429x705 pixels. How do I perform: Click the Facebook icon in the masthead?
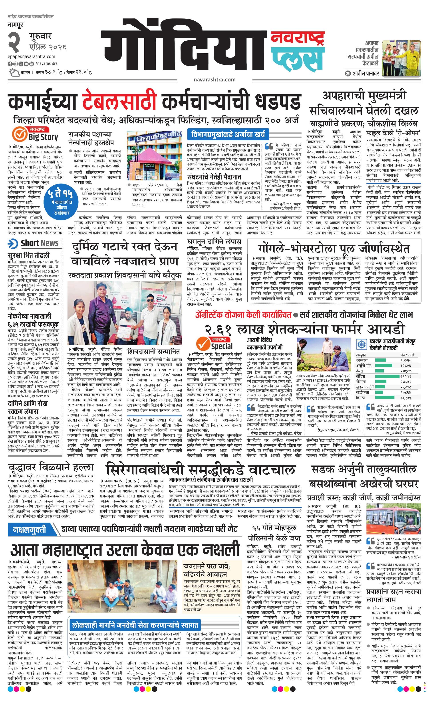click(x=10, y=64)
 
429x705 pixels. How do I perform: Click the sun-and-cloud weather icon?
click(x=14, y=72)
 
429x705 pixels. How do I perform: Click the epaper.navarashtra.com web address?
click(x=32, y=57)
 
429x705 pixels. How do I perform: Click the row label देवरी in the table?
click(x=359, y=371)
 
